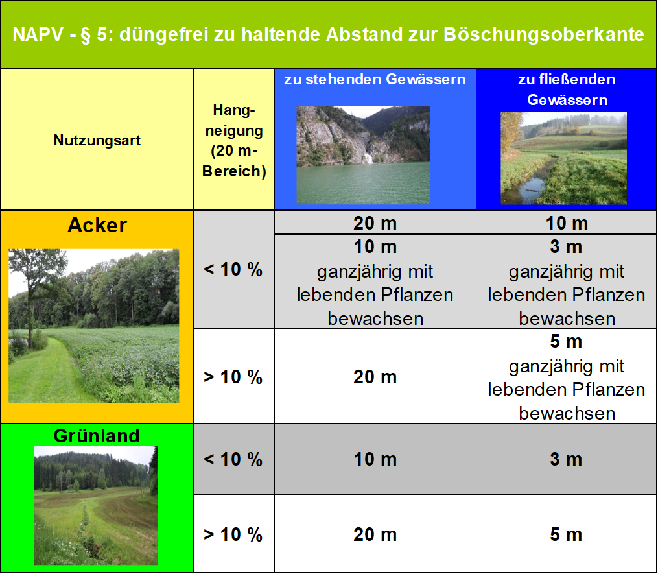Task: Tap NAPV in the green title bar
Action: (x=36, y=34)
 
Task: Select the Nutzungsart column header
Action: (x=97, y=140)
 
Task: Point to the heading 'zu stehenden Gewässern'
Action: (x=375, y=80)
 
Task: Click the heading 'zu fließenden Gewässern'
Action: (x=566, y=90)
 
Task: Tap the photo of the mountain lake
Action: (x=363, y=155)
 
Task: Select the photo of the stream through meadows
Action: (x=563, y=158)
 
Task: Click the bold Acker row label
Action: (x=97, y=225)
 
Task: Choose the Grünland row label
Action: (x=97, y=435)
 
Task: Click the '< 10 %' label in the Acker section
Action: (x=233, y=270)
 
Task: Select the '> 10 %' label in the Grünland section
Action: (x=233, y=534)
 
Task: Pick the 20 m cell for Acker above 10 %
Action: (x=375, y=377)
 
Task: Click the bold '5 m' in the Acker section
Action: (x=566, y=341)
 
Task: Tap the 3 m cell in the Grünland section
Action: (x=566, y=459)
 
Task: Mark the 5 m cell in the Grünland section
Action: (x=566, y=534)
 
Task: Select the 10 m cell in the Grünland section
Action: (x=375, y=459)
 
